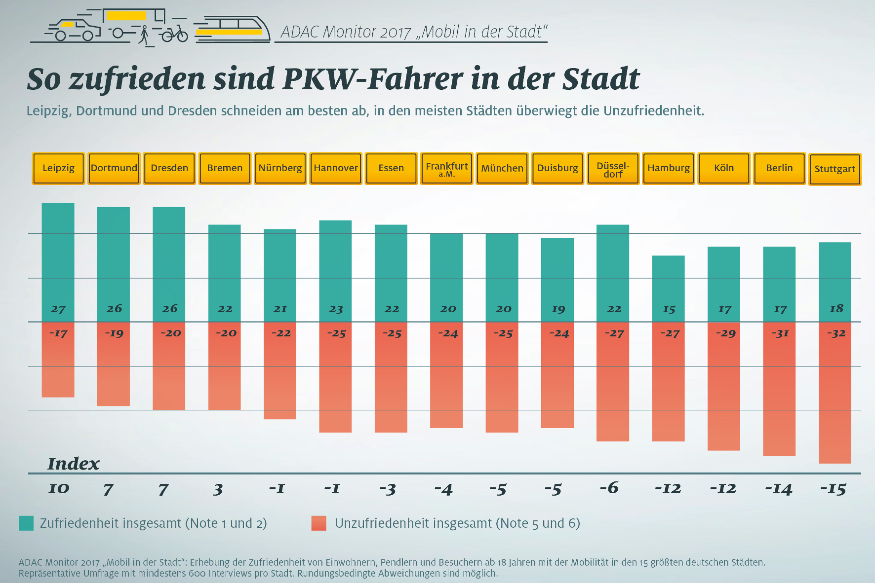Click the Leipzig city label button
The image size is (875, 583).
pyautogui.click(x=58, y=168)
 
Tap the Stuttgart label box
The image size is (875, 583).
pyautogui.click(x=835, y=169)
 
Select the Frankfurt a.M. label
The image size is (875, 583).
pyautogui.click(x=446, y=168)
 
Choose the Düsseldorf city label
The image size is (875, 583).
pyautogui.click(x=613, y=168)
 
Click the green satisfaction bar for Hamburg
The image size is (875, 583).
pyautogui.click(x=668, y=289)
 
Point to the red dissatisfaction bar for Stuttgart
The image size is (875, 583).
pyautogui.click(x=835, y=393)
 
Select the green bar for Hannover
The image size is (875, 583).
pyautogui.click(x=335, y=271)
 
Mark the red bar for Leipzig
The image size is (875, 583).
pyautogui.click(x=58, y=360)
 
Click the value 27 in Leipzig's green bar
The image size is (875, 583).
pyautogui.click(x=58, y=309)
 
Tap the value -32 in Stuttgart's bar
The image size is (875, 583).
pyautogui.click(x=836, y=333)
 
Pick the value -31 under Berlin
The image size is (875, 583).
pyautogui.click(x=780, y=333)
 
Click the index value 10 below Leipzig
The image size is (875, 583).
pyautogui.click(x=59, y=488)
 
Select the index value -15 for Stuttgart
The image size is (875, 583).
pyautogui.click(x=833, y=489)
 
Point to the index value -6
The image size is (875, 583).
pyautogui.click(x=609, y=488)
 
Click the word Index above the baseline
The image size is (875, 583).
pyautogui.click(x=73, y=464)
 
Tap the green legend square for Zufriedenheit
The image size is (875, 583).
pyautogui.click(x=26, y=523)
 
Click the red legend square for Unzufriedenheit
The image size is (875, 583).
pyautogui.click(x=319, y=523)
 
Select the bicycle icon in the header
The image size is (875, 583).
pyautogui.click(x=175, y=34)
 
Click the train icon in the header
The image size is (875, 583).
pyautogui.click(x=232, y=29)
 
